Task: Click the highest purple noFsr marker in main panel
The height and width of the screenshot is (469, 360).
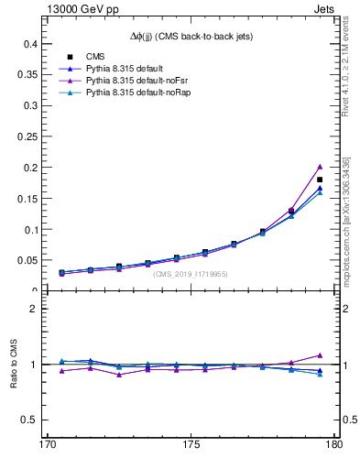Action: coord(320,167)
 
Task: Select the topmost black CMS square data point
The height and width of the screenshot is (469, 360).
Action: coord(320,180)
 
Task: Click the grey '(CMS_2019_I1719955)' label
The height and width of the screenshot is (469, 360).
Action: coord(190,273)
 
